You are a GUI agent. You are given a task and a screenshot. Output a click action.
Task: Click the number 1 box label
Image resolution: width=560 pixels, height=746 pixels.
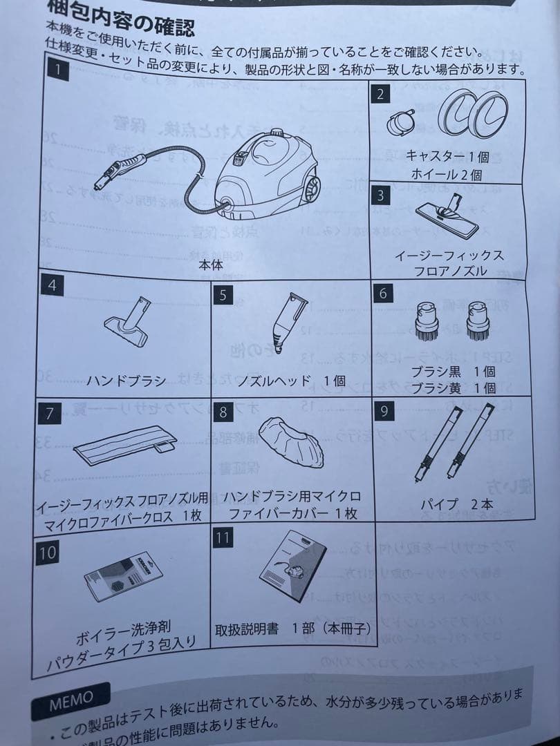click(59, 69)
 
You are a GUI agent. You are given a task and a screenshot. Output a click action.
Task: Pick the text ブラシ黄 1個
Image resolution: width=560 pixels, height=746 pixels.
click(454, 389)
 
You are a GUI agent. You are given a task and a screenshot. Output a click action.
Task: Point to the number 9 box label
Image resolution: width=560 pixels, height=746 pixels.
click(385, 412)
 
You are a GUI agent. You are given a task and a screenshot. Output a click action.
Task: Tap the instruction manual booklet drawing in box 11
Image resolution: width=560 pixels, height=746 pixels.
click(293, 566)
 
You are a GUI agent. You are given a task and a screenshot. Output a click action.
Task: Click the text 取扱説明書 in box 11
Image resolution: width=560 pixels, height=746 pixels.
click(245, 629)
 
